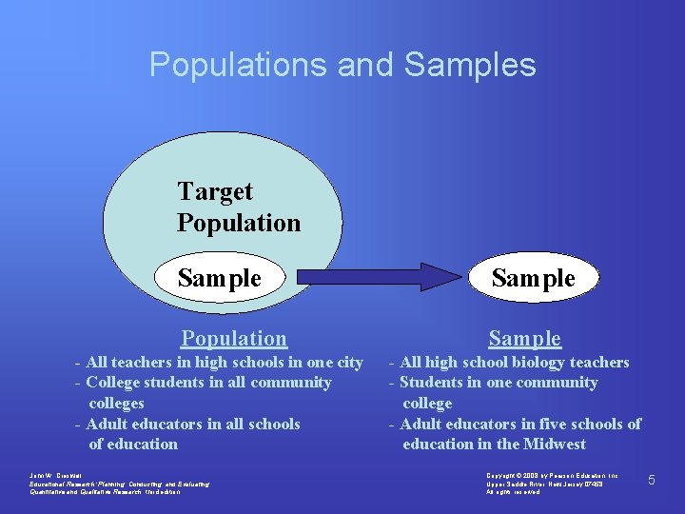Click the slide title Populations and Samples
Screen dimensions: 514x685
click(342, 65)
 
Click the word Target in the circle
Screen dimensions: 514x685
click(215, 191)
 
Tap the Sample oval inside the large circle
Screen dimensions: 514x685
click(220, 278)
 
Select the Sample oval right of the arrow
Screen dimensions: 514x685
click(533, 278)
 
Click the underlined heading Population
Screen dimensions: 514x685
click(234, 338)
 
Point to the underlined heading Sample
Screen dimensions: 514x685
click(524, 338)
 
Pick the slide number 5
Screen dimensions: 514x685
click(652, 480)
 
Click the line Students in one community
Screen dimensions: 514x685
click(494, 383)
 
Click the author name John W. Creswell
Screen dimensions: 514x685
click(56, 474)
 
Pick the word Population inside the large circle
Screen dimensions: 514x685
click(238, 223)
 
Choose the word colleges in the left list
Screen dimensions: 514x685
click(116, 403)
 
